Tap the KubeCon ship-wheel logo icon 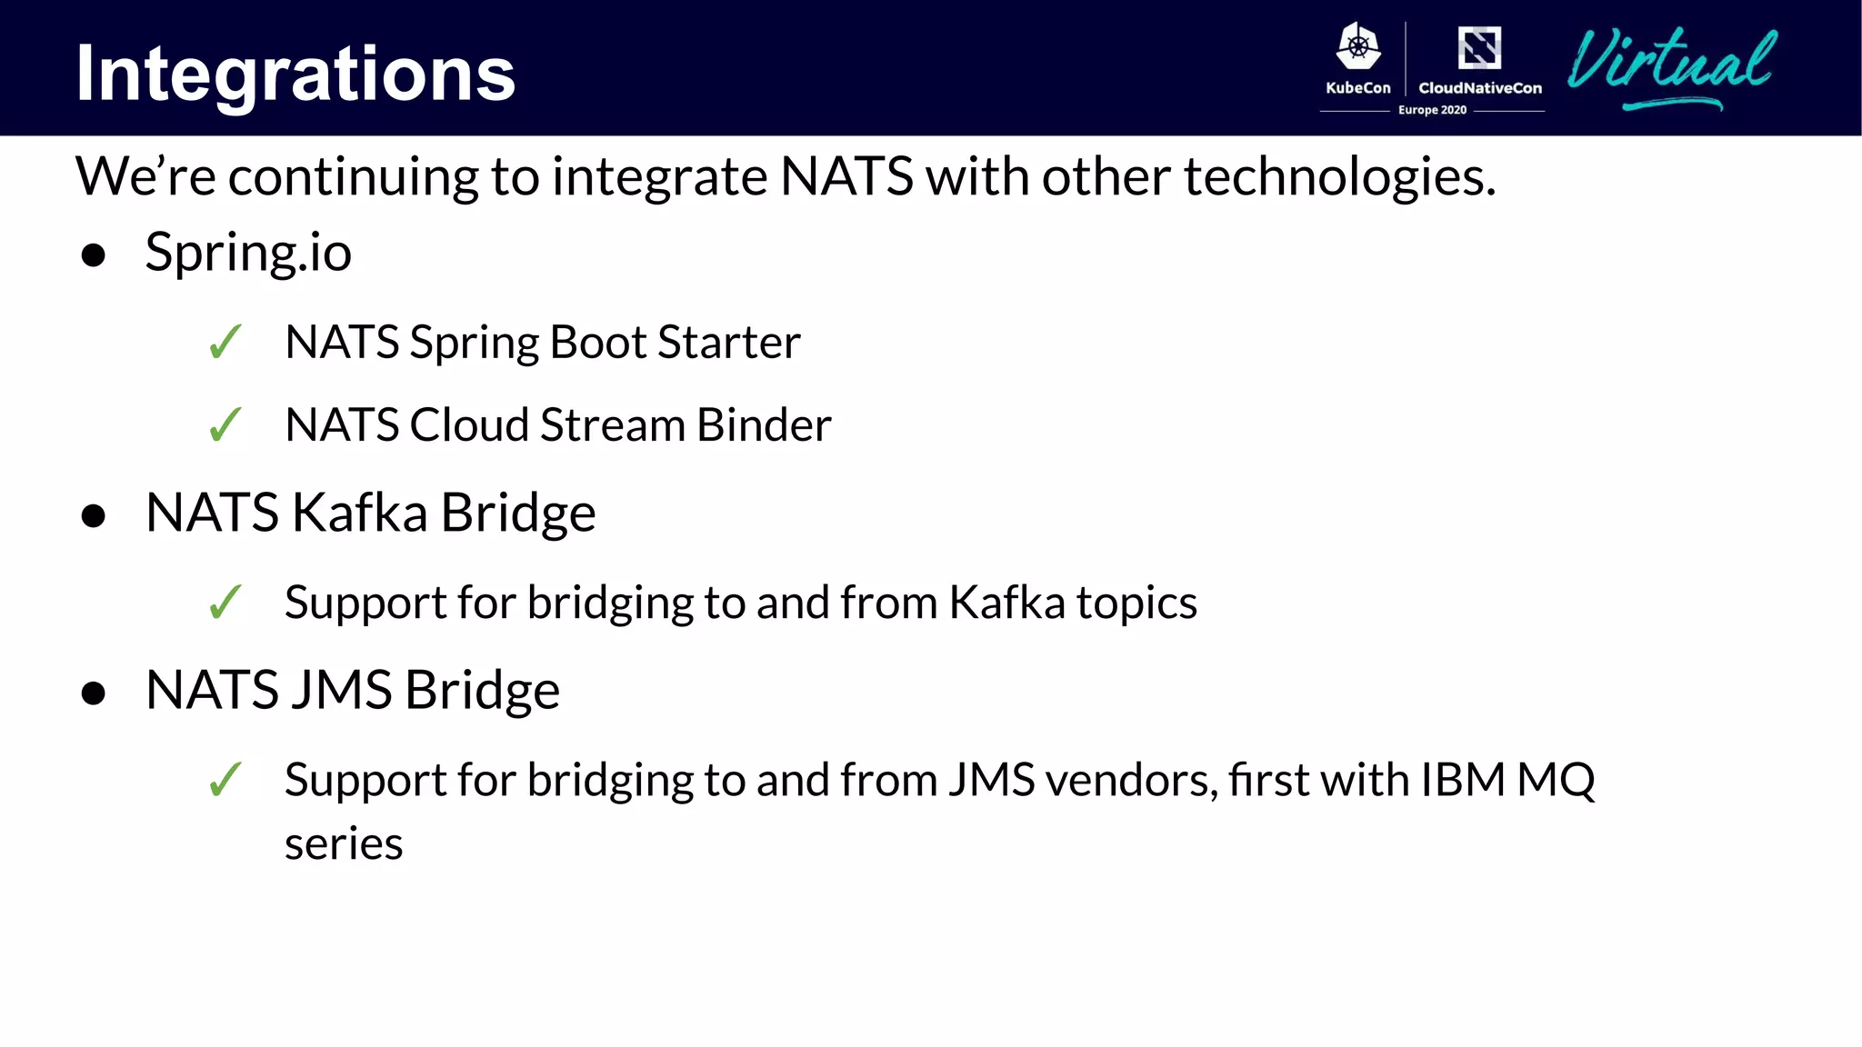[1357, 46]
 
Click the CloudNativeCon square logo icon [1479, 47]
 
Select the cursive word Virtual [1671, 64]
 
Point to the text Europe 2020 [1432, 110]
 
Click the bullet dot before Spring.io [93, 255]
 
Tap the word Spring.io [248, 253]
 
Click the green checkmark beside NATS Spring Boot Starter [225, 343]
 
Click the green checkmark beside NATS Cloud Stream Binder [225, 424]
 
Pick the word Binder [764, 424]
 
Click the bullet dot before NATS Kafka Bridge [93, 516]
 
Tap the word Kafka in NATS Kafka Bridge [360, 513]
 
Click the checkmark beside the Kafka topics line [225, 602]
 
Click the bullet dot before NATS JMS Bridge [93, 693]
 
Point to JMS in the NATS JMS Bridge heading [342, 690]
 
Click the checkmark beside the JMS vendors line [225, 780]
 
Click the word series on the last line [344, 844]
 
